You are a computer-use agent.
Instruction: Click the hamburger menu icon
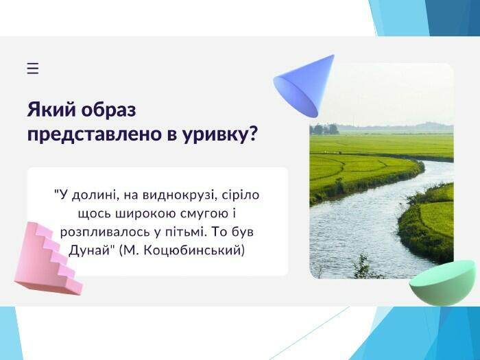(x=33, y=69)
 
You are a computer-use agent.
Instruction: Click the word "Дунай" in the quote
(x=91, y=251)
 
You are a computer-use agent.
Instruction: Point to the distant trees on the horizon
(x=324, y=129)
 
